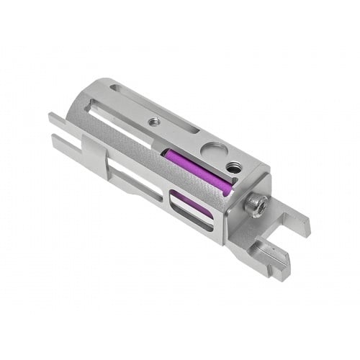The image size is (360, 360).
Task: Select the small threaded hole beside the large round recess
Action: click(235, 167)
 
